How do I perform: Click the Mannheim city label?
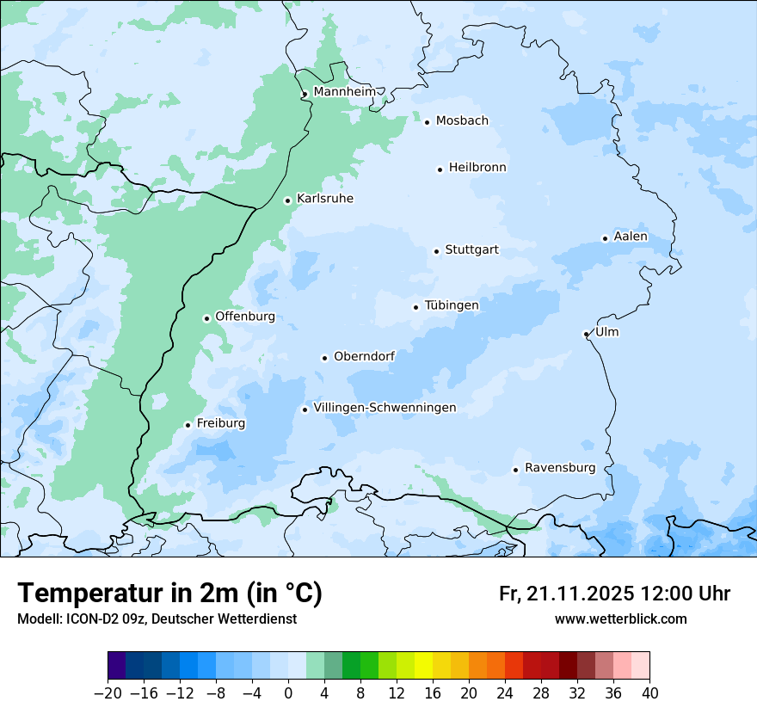pos(344,92)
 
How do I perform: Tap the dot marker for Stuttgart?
pos(436,251)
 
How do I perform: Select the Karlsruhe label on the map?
pos(324,199)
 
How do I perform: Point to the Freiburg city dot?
pos(188,425)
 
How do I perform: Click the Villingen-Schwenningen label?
pos(385,408)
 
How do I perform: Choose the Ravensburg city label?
pos(560,468)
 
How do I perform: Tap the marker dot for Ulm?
pos(586,334)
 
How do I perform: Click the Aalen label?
pos(631,237)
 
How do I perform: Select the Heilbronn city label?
pos(477,168)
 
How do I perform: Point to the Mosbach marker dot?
pos(427,122)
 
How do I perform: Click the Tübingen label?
pos(452,305)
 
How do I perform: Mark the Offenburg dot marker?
pos(206,318)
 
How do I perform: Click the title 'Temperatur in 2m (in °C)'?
pos(169,593)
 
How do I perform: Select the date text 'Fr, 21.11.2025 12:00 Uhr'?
pos(614,594)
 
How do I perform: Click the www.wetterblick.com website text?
pos(620,619)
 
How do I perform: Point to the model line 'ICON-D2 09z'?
pos(157,619)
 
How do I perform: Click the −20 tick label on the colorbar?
pos(108,693)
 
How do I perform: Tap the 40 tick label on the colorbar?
pos(649,693)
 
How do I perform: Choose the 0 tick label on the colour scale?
pos(288,693)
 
